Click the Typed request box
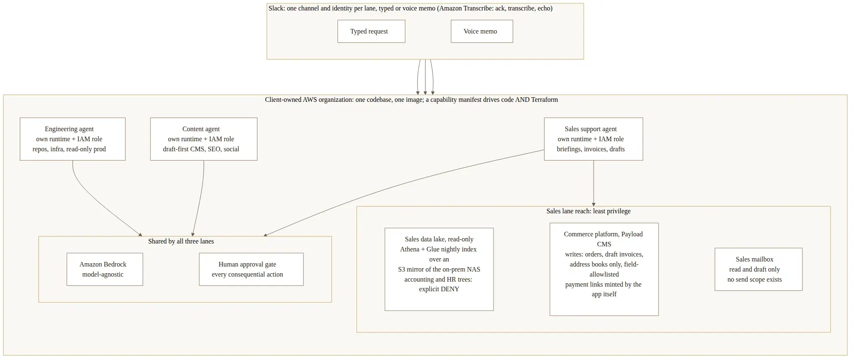[371, 31]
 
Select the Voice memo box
[482, 31]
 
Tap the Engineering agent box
[73, 139]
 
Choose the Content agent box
[204, 139]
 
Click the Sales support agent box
[593, 139]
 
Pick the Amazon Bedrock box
[105, 269]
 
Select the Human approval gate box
[251, 269]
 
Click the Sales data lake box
[439, 269]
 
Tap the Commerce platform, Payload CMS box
[604, 269]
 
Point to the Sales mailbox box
[758, 269]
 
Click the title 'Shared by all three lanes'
[181, 241]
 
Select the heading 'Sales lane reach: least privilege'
[588, 211]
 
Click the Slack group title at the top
[410, 8]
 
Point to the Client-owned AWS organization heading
[411, 100]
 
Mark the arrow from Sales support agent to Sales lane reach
[593, 183]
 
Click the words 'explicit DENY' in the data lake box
[439, 289]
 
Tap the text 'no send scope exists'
[754, 280]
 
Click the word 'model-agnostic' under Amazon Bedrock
[103, 275]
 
